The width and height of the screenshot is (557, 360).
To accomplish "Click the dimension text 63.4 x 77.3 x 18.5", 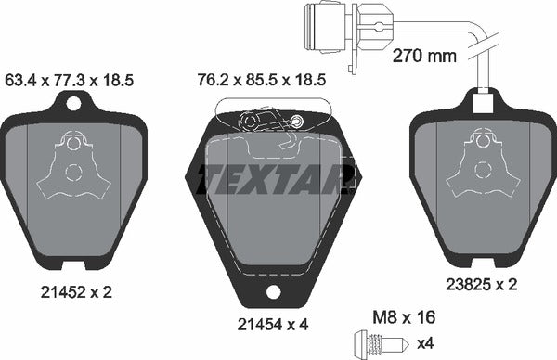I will pos(71,81).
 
